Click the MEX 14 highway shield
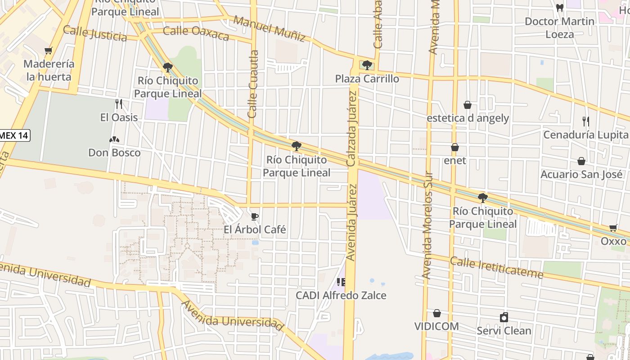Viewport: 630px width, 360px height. tap(14, 135)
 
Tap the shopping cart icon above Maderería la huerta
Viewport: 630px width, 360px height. tap(49, 50)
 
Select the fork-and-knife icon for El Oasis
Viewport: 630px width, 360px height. tap(119, 104)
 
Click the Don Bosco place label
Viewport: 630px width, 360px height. tap(114, 153)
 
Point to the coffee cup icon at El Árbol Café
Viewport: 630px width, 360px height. tap(255, 217)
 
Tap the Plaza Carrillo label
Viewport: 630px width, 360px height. tap(367, 79)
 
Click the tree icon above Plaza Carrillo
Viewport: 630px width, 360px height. tap(367, 65)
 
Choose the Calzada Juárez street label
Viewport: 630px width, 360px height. tap(352, 128)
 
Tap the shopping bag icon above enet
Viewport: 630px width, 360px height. tap(455, 147)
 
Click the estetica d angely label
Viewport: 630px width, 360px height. tap(468, 118)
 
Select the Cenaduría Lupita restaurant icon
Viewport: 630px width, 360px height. tap(586, 121)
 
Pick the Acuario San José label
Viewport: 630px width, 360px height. tap(581, 174)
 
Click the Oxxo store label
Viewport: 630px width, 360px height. tap(613, 241)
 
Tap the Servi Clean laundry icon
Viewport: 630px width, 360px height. tap(504, 317)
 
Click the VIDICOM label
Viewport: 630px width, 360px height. tap(436, 326)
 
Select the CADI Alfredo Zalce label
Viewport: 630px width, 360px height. tap(341, 295)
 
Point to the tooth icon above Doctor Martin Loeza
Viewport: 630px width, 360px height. tap(560, 8)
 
